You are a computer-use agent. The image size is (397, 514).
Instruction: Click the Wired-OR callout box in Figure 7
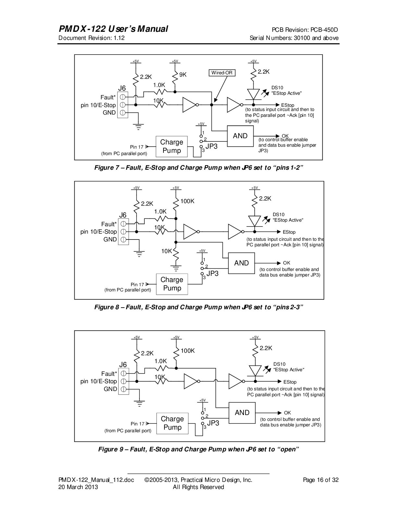(222, 73)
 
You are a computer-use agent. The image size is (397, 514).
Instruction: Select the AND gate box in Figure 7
(240, 136)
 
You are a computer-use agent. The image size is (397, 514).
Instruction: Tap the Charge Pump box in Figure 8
(172, 284)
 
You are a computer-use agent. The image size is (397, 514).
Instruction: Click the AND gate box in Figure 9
(242, 413)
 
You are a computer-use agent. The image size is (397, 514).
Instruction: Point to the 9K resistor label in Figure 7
(183, 75)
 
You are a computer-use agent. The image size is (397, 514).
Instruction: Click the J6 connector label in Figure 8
(123, 215)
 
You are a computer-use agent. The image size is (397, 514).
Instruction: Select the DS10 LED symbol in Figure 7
(253, 94)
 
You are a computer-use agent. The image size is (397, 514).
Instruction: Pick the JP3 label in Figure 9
(213, 423)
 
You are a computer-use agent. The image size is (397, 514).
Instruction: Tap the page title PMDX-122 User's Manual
(113, 29)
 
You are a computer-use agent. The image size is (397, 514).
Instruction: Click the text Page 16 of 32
(320, 480)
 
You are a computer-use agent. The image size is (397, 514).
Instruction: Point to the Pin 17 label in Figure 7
(137, 147)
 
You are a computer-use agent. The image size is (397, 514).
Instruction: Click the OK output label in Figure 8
(286, 263)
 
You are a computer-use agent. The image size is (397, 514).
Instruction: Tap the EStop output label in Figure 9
(290, 382)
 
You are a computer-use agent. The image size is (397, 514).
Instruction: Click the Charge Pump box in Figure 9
(172, 423)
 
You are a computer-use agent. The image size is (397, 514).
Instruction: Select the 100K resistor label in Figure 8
(187, 201)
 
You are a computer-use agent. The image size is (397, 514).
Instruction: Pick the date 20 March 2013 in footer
(78, 487)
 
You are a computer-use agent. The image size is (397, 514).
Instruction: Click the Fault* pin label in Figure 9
(109, 373)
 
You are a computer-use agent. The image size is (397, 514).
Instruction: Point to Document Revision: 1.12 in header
(91, 38)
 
